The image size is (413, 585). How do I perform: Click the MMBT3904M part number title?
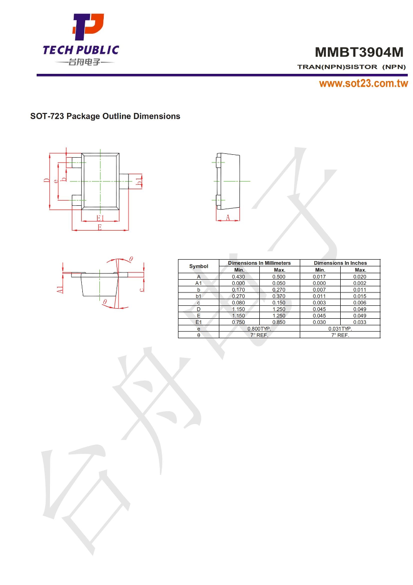click(360, 52)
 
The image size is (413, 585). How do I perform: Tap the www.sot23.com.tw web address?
click(363, 84)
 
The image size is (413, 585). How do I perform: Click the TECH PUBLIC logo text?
click(81, 50)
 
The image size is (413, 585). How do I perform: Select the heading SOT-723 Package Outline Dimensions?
click(105, 116)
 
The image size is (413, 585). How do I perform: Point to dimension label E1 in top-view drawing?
click(100, 218)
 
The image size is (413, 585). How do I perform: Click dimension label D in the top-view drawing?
click(46, 181)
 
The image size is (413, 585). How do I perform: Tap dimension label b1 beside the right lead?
click(138, 181)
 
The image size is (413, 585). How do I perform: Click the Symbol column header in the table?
click(198, 266)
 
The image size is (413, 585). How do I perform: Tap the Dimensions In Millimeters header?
click(259, 263)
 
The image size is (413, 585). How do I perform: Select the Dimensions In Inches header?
click(340, 263)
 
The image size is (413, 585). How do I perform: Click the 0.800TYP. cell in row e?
click(259, 329)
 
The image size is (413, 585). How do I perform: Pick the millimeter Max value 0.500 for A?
click(279, 276)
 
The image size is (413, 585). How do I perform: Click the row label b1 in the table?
click(198, 296)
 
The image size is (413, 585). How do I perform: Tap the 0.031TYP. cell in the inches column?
click(340, 329)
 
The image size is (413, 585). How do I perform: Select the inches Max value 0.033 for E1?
click(360, 322)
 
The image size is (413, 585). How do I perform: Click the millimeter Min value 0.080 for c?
click(239, 303)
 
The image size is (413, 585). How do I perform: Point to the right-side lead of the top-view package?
click(124, 181)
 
